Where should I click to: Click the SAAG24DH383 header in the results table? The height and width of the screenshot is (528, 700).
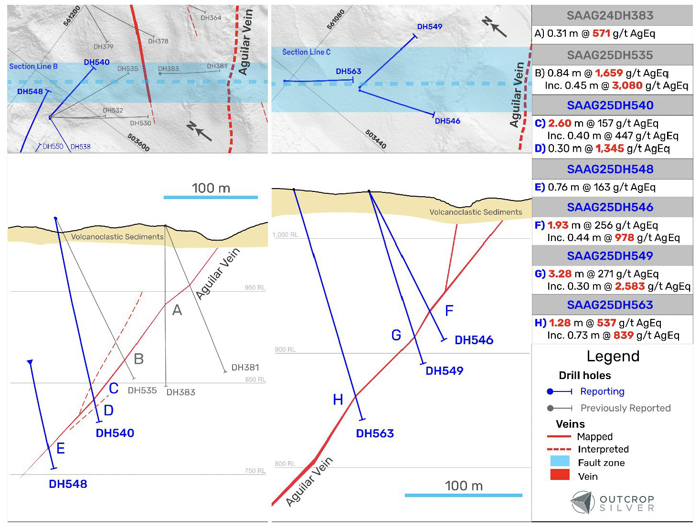click(610, 16)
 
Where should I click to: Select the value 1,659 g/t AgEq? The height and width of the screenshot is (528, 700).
click(609, 73)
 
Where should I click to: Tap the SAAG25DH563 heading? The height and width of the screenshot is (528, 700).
click(610, 305)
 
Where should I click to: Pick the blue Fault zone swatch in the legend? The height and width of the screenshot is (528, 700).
click(560, 461)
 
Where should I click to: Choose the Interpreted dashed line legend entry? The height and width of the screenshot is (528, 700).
click(559, 449)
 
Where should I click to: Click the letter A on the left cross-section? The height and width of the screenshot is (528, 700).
click(177, 311)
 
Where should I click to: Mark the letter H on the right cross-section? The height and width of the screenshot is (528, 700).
click(338, 400)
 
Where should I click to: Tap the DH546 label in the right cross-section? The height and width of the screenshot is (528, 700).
click(474, 340)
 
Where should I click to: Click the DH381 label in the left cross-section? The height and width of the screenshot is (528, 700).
click(245, 368)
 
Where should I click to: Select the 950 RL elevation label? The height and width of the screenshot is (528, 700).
click(255, 288)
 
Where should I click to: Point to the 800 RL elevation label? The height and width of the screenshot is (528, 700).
click(285, 464)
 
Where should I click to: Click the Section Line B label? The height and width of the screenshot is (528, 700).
click(33, 66)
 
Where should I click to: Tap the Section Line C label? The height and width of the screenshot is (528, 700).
click(306, 52)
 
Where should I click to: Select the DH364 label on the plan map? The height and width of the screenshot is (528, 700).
click(211, 18)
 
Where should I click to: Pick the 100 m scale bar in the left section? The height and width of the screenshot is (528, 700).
click(211, 197)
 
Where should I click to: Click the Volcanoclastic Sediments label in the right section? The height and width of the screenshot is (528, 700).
click(476, 212)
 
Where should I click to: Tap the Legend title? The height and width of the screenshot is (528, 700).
click(613, 357)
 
